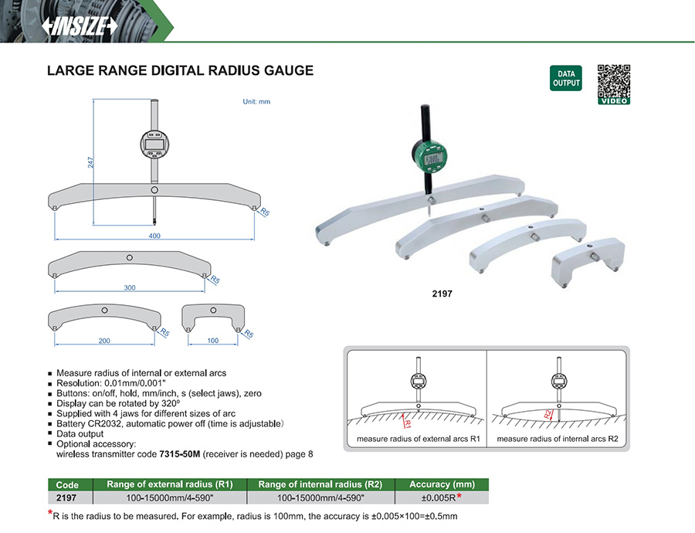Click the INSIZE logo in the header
point(79,25)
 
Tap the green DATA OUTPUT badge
point(566,78)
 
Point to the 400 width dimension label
point(154,236)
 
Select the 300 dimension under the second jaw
point(129,287)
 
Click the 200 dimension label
point(104,340)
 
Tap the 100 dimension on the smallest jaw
point(212,340)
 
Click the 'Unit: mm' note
point(256,101)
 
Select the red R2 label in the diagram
point(548,415)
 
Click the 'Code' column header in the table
point(68,484)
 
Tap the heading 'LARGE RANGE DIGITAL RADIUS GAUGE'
point(181,70)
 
